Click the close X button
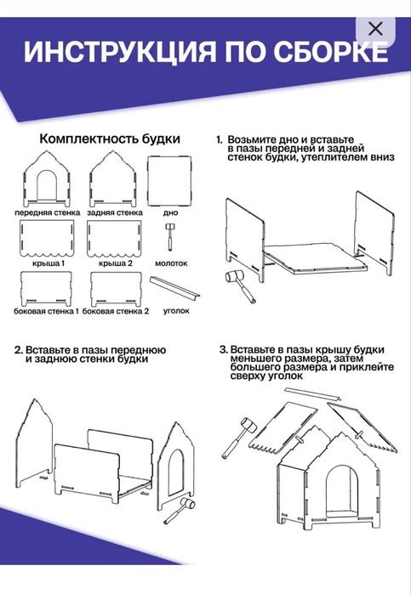pyautogui.click(x=375, y=29)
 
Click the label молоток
pyautogui.click(x=172, y=264)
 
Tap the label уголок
pyautogui.click(x=176, y=311)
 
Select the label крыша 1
pyautogui.click(x=48, y=264)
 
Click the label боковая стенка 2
pyautogui.click(x=117, y=311)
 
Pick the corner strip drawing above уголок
pyautogui.click(x=175, y=288)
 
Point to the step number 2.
pyautogui.click(x=18, y=350)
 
